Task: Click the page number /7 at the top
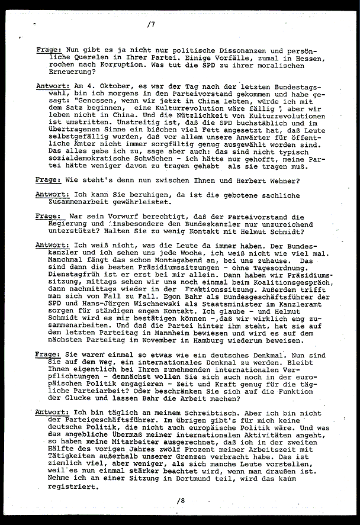tap(152, 25)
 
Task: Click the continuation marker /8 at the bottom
tap(180, 500)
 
